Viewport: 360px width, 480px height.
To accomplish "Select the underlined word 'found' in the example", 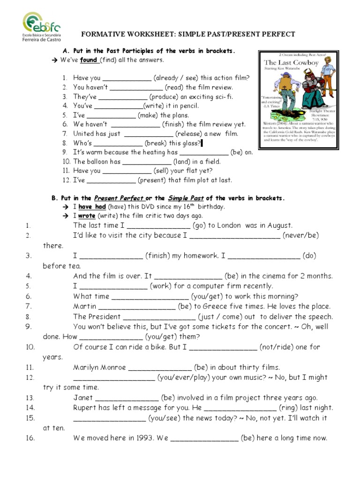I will click(89, 60).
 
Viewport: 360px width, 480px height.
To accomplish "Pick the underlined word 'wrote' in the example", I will click(87, 216).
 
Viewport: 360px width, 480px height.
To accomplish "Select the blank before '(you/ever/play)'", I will click(114, 378).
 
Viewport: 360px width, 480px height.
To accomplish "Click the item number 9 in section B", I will click(28, 327).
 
